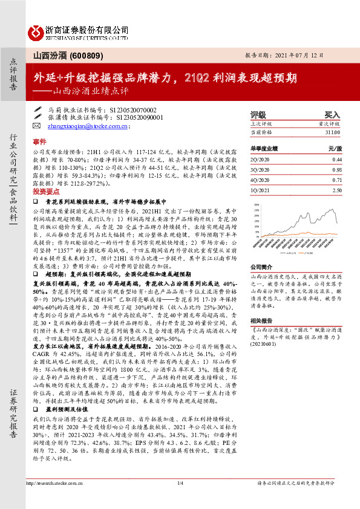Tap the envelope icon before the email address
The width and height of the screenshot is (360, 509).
(38, 126)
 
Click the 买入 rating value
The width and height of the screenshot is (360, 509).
(332, 114)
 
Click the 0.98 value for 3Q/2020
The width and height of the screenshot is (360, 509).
(337, 169)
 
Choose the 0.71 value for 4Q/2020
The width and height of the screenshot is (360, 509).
(337, 180)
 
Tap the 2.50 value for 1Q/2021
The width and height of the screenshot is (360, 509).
(337, 190)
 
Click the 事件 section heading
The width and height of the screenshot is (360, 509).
(39, 140)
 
